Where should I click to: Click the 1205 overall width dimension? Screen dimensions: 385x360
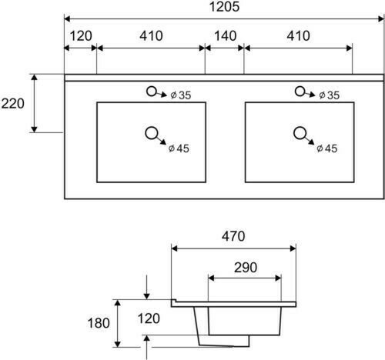coord(224,6)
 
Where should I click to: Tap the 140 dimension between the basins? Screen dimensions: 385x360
coord(226,36)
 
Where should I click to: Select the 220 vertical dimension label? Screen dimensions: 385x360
coord(12,104)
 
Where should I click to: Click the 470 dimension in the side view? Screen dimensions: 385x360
coord(233,236)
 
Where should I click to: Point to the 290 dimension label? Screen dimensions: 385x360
coord(246,268)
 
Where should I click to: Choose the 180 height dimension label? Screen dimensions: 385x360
coord(99,323)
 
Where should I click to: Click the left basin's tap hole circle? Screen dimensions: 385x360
coord(152,92)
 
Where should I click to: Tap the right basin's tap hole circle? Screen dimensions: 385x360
coord(300,92)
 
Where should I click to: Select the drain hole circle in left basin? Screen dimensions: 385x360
coord(152,133)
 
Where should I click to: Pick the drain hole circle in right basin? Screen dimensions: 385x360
coord(300,133)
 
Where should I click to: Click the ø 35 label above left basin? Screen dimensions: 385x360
coord(181,95)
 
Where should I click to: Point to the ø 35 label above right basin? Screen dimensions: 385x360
coord(329,95)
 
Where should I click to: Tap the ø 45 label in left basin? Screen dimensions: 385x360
coord(179,148)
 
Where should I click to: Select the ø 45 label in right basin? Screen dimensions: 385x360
coord(327,148)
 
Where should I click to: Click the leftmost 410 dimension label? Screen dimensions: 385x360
coord(151,36)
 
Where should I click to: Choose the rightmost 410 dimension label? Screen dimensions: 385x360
coord(298,36)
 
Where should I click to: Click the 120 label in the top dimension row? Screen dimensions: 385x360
coord(81,36)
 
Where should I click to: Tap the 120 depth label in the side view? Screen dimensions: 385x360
coord(149,318)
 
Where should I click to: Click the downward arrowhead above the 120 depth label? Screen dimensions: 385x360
coord(146,296)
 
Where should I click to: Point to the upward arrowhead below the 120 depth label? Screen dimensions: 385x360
coord(146,338)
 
